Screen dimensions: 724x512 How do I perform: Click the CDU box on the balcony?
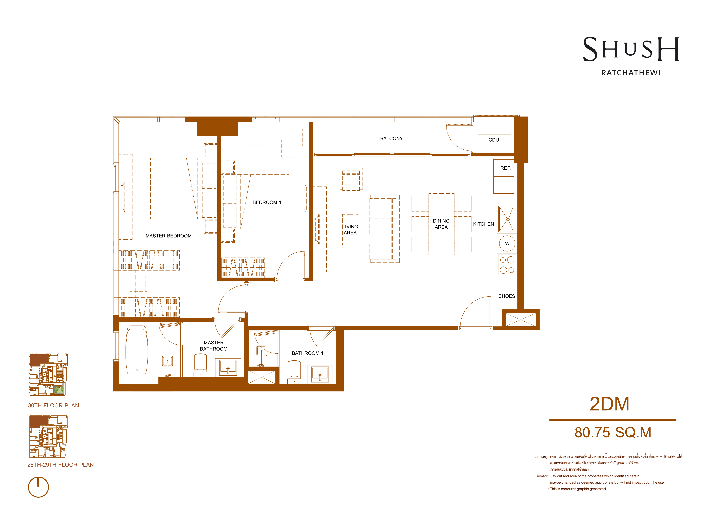click(x=494, y=140)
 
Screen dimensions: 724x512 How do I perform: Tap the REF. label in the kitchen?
click(x=506, y=168)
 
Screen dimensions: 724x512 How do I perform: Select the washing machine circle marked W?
click(x=507, y=243)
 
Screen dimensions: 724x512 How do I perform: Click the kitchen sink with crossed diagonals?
click(x=506, y=219)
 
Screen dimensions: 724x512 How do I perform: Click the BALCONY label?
click(x=391, y=138)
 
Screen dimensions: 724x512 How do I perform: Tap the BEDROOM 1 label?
click(x=267, y=202)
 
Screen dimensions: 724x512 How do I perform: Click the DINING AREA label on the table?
click(x=441, y=224)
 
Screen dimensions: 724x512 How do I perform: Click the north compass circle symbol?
click(x=38, y=487)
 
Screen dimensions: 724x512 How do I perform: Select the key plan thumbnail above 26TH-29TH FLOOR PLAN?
click(x=48, y=436)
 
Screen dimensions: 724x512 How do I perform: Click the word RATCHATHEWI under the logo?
click(x=631, y=73)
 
